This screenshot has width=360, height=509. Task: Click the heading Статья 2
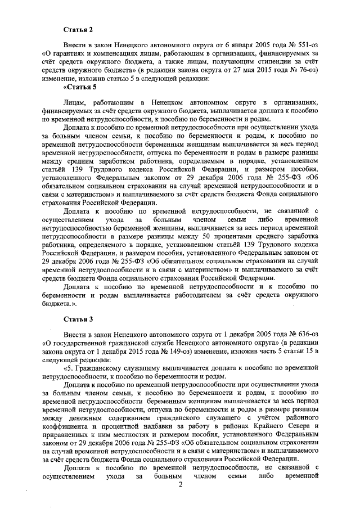pos(76,28)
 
